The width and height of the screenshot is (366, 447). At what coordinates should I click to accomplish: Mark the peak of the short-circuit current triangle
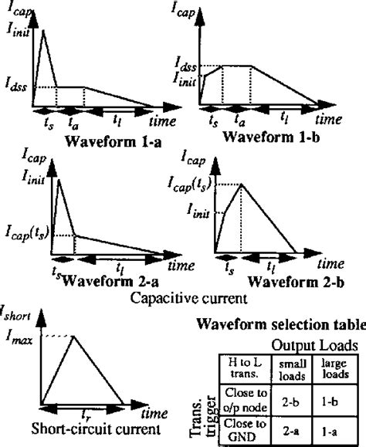[73, 335]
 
